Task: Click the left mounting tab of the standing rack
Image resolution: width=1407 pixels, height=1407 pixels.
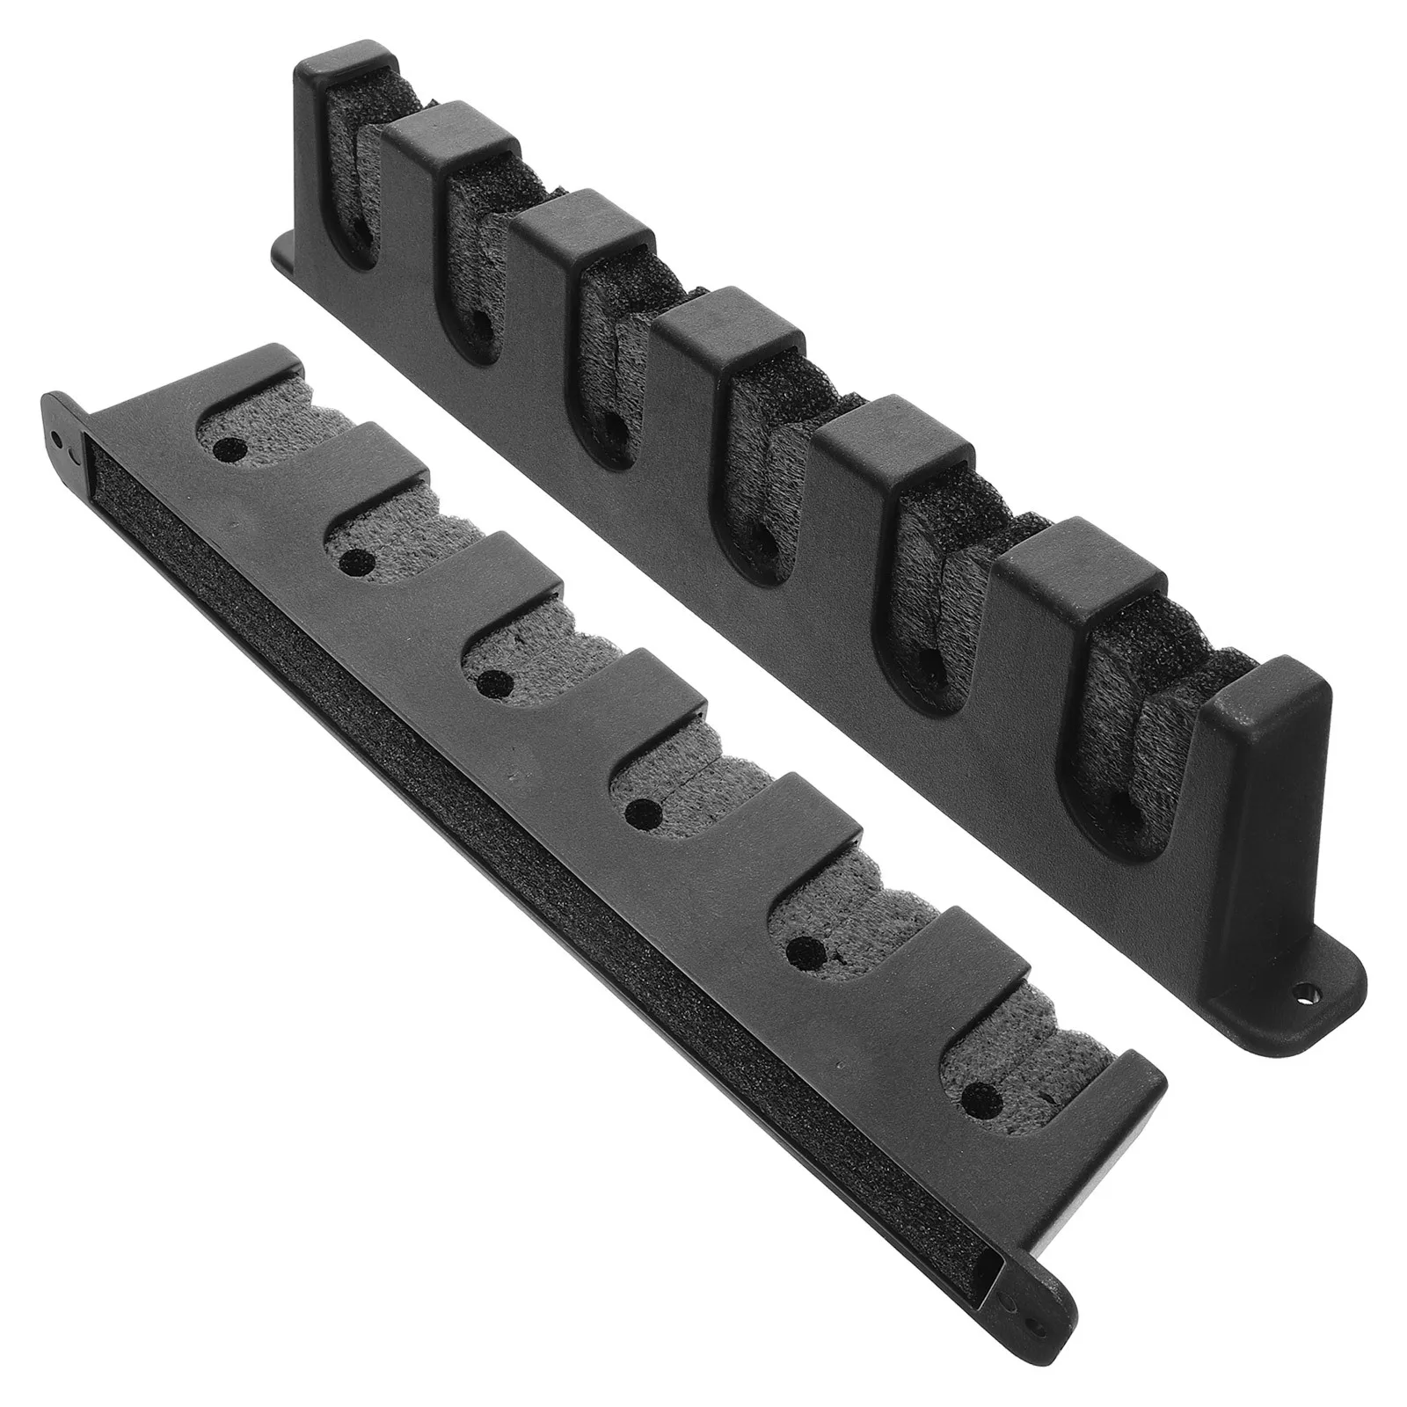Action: [286, 255]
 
